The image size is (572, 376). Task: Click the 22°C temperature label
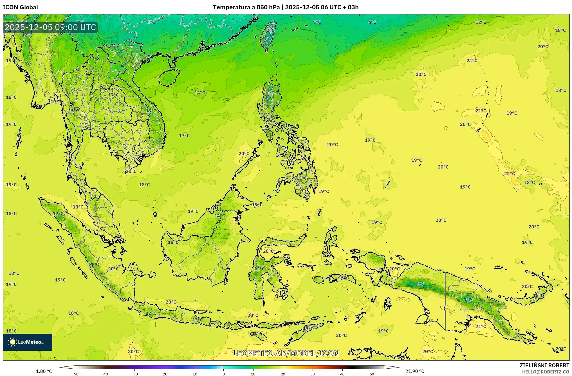509,174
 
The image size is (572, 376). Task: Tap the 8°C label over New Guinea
421,284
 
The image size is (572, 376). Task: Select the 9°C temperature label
468,300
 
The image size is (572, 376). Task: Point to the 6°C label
372,22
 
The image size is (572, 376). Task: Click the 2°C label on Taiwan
270,30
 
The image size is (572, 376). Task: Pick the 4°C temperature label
151,22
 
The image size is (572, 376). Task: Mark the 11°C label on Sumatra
93,264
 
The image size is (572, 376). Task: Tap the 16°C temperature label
257,333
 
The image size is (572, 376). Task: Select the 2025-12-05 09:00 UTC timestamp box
50,27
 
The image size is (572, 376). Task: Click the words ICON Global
20,7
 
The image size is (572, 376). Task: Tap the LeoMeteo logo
28,342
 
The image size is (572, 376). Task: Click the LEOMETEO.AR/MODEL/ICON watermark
286,353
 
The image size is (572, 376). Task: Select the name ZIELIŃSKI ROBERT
544,365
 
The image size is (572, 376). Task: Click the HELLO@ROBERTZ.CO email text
546,372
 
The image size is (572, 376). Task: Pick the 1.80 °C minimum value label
44,371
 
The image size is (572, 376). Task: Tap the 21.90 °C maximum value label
414,371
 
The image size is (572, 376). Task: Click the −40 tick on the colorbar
105,374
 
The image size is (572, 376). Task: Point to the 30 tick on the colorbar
313,374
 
